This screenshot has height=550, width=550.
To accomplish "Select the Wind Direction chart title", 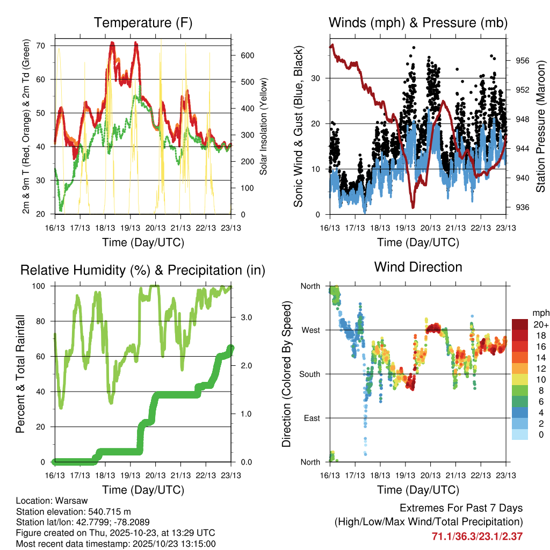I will click(418, 267).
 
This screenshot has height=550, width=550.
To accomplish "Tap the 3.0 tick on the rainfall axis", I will click(243, 318).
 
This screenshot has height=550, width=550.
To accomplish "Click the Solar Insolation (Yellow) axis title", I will click(264, 126).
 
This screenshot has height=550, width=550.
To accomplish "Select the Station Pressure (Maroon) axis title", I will click(540, 126).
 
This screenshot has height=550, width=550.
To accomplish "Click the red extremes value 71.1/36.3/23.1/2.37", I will click(477, 536).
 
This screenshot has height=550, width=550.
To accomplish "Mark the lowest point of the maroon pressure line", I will click(413, 207).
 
